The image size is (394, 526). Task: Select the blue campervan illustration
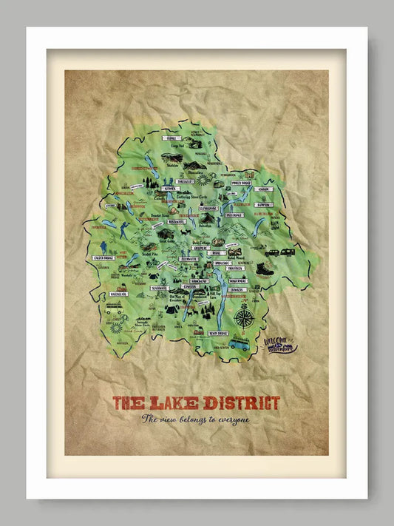click(239, 345)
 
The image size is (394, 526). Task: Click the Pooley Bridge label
click(242, 182)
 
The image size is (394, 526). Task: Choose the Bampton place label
click(263, 205)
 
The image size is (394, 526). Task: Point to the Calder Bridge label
click(103, 258)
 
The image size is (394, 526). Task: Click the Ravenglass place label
click(119, 294)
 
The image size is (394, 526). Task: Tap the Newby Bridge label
click(220, 334)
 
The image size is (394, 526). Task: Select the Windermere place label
click(237, 281)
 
